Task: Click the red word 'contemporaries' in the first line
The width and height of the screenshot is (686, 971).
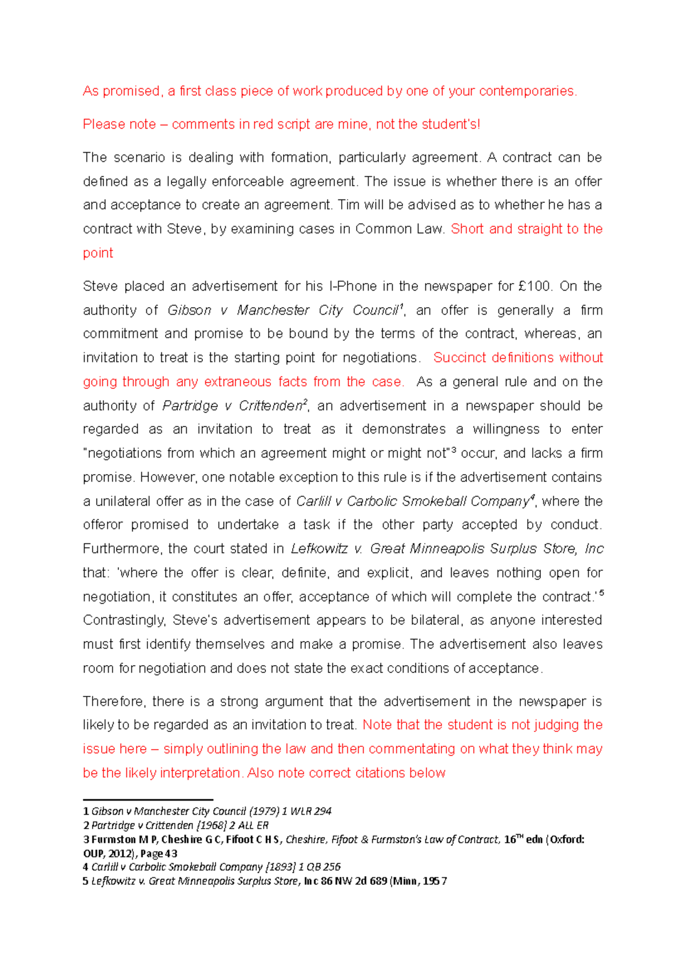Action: pyautogui.click(x=527, y=91)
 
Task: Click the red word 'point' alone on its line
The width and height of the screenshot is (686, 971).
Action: pyautogui.click(x=98, y=253)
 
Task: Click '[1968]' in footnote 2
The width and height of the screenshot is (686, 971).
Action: pyautogui.click(x=212, y=826)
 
